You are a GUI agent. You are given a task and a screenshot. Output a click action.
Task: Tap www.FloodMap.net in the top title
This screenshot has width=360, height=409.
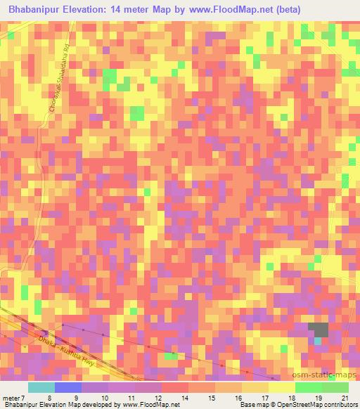coord(257,10)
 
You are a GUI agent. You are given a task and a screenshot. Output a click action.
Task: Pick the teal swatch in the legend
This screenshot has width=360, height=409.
coord(41,387)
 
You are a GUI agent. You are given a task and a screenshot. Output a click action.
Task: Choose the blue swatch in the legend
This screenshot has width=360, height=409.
coord(68,387)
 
